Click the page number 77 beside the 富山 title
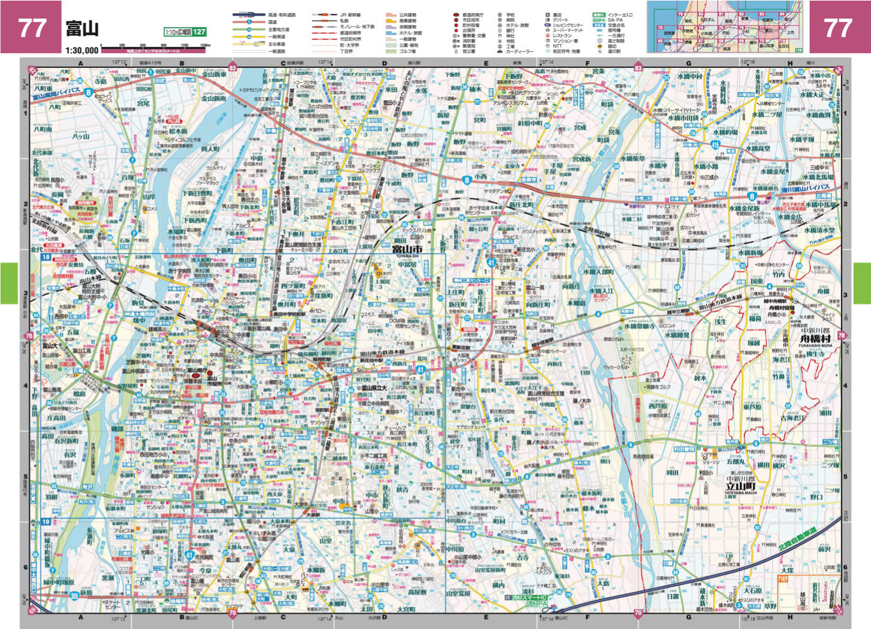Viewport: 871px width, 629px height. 31,28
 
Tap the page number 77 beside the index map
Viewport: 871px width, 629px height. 838,28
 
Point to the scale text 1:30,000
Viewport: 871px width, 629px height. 81,50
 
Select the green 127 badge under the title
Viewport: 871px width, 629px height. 199,32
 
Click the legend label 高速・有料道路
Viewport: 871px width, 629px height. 281,14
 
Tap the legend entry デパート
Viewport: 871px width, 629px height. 561,20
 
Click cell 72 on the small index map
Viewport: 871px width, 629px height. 660,28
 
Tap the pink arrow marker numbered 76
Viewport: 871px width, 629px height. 28,337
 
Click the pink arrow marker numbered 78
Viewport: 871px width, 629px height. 842,336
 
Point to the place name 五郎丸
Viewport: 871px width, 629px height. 734,461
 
